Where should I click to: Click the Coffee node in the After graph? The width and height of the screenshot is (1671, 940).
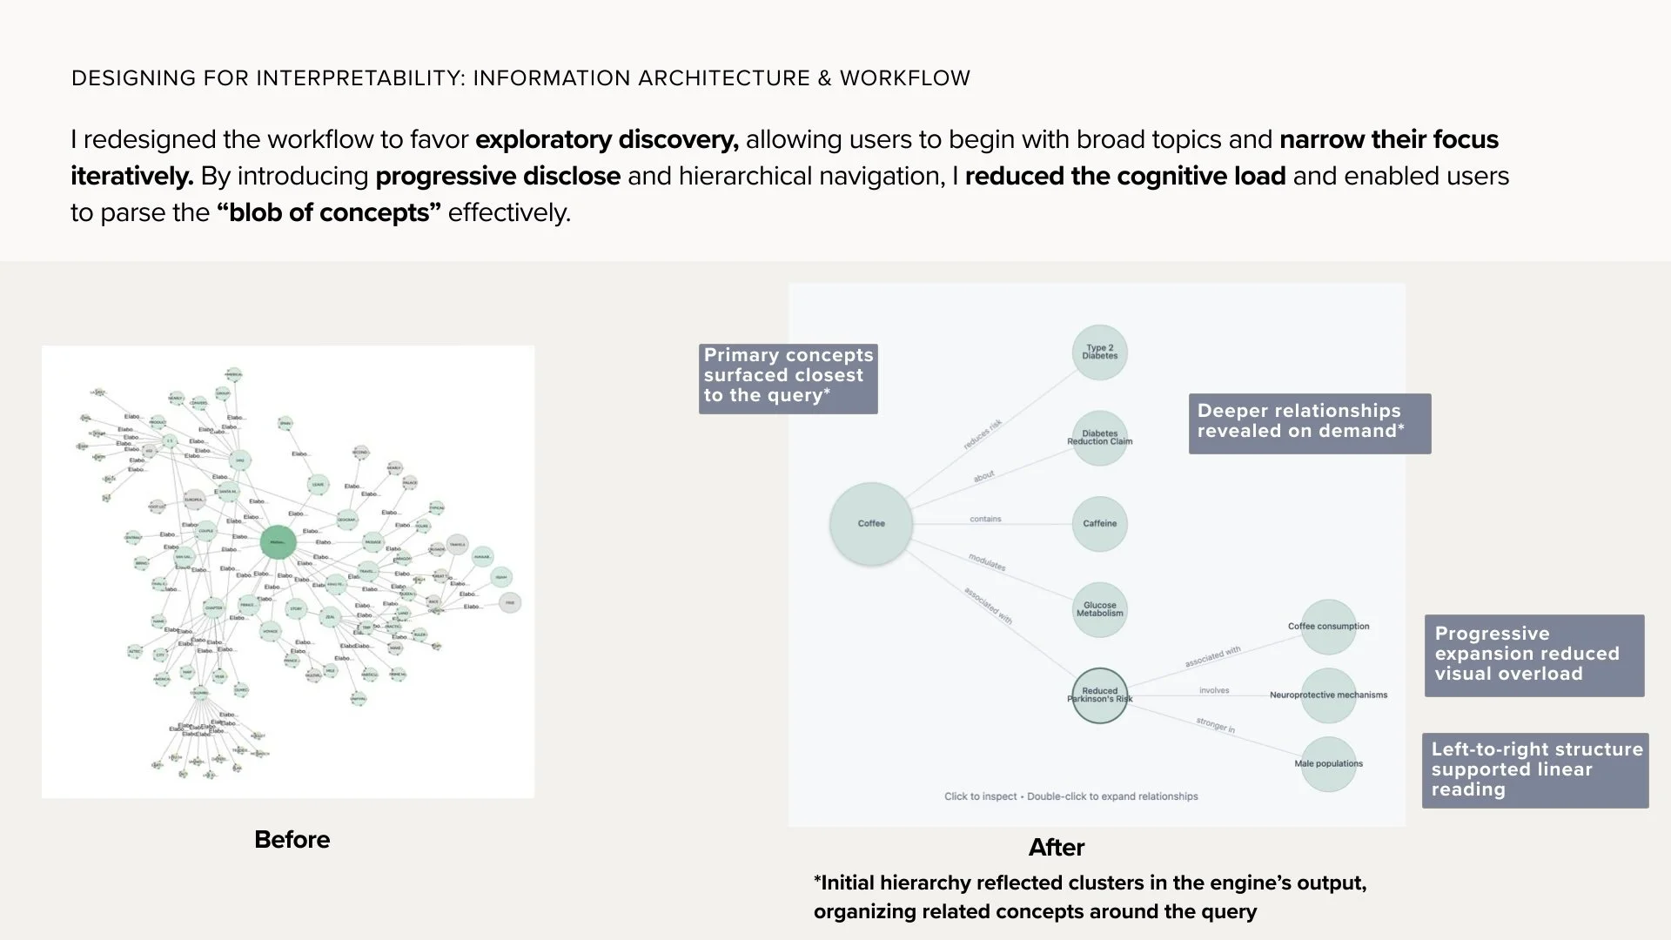click(870, 524)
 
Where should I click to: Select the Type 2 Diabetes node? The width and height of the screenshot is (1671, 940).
click(1099, 352)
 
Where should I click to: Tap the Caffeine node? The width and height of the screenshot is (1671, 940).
click(1099, 524)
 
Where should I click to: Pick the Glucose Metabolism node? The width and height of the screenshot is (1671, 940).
click(1099, 609)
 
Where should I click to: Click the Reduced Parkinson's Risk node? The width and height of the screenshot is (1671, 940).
click(1099, 695)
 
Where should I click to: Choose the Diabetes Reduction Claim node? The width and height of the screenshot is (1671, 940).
click(1099, 438)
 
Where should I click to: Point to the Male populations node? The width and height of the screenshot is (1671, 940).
click(1328, 764)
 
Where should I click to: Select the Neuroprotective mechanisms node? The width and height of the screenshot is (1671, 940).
click(1328, 695)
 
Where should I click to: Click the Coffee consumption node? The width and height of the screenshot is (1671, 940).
click(1328, 627)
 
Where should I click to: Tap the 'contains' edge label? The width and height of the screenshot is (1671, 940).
click(985, 519)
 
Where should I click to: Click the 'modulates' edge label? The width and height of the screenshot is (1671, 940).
click(987, 562)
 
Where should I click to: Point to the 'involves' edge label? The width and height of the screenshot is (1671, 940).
click(1214, 690)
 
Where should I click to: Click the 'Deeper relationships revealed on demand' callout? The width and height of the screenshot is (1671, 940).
click(1309, 422)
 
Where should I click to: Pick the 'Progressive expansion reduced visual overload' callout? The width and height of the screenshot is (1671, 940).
click(1533, 655)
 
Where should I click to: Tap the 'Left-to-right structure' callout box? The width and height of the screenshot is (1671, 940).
click(1535, 770)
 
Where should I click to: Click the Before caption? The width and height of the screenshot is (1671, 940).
click(292, 840)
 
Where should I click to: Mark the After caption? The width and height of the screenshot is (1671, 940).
click(1056, 848)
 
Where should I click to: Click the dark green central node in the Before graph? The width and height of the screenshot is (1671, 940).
click(278, 542)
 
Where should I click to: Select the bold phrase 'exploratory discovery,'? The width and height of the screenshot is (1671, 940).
click(607, 140)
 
